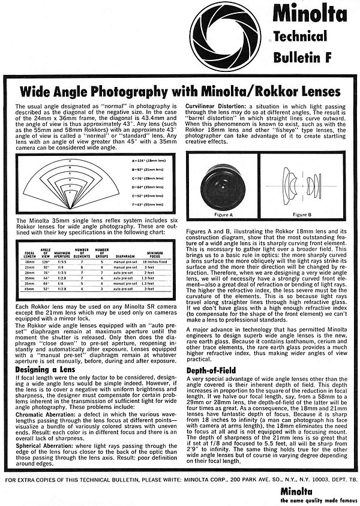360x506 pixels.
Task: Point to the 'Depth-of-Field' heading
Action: pos(209,370)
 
